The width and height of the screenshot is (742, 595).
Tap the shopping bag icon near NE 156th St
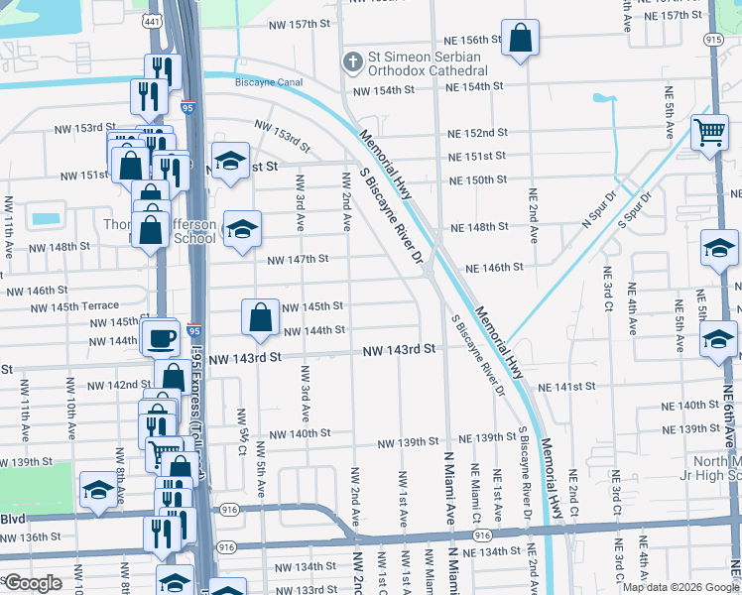point(520,40)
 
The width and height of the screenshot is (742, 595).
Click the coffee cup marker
point(161,338)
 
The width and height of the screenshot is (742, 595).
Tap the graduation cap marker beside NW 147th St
point(242,230)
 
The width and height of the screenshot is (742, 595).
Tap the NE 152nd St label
point(477,133)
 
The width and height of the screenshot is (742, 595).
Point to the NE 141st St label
point(564,386)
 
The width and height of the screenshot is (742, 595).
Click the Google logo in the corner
point(33,583)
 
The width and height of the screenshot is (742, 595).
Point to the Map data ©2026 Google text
point(680,587)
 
